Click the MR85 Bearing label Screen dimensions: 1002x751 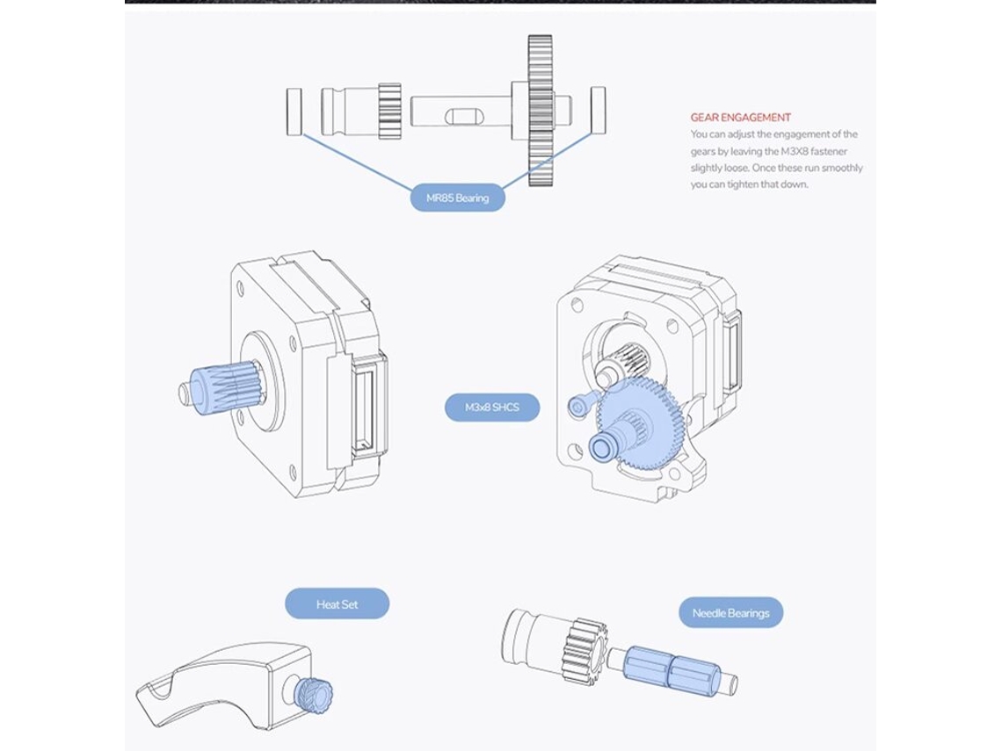458,198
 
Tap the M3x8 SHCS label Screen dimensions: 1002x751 492,408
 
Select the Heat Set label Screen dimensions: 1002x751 337,604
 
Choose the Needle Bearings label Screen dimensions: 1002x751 730,613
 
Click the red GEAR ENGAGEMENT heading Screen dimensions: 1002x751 741,118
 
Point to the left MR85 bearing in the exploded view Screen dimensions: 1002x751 294,112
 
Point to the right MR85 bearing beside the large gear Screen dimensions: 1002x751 599,111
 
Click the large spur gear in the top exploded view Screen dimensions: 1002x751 540,111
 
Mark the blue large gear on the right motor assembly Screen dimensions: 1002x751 640,420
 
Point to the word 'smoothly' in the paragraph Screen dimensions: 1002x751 842,168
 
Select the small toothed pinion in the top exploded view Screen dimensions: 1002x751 389,112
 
